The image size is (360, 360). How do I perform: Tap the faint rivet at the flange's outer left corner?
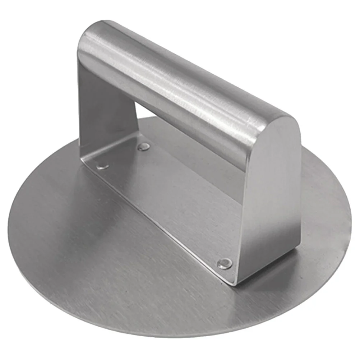click(103, 166)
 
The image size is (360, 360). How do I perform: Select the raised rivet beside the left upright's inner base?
click(144, 146)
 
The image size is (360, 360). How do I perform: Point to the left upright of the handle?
click(104, 108)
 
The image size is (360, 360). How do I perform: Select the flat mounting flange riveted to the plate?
click(169, 201)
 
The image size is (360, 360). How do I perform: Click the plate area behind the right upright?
click(320, 201)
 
